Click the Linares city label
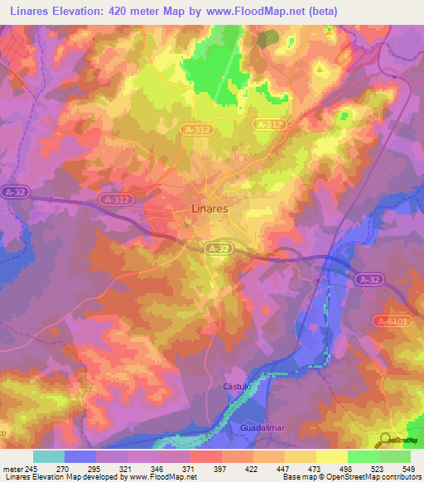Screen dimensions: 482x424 [210, 209]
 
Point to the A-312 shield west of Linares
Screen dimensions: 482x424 [115, 200]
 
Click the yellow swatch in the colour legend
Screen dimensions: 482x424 [331, 456]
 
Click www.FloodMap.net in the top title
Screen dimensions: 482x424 [267, 10]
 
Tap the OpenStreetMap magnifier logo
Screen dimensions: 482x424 [386, 439]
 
